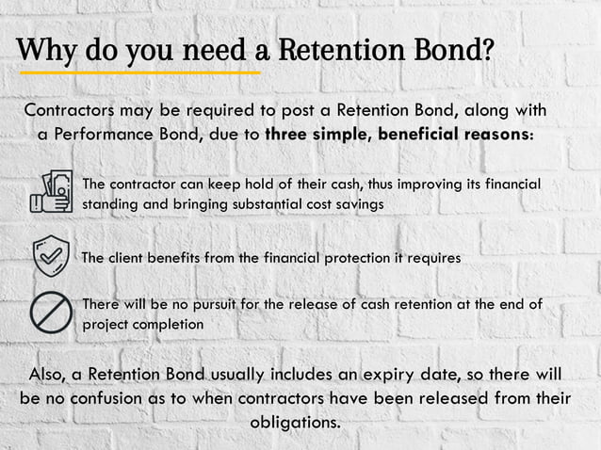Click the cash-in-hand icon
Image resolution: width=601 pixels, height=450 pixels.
52,192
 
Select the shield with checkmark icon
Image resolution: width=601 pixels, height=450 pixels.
51,256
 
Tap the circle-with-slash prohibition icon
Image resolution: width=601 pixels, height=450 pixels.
51,313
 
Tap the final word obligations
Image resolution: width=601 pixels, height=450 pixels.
295,421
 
